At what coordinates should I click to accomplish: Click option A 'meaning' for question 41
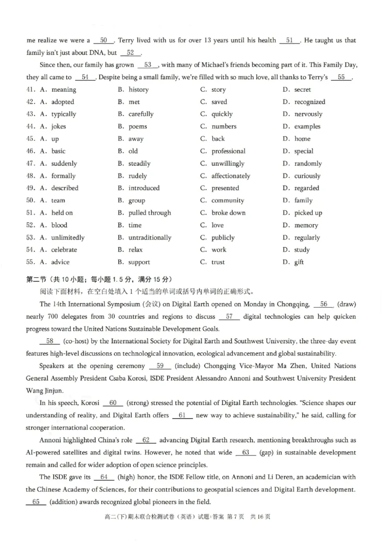(64, 89)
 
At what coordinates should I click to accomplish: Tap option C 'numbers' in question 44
(224, 127)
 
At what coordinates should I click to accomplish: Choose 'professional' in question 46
(228, 151)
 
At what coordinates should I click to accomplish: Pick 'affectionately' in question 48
(231, 176)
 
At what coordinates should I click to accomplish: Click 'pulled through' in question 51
(149, 213)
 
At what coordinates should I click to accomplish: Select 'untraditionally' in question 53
(149, 238)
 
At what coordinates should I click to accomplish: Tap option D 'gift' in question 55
(299, 262)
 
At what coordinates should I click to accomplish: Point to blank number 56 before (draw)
(323, 304)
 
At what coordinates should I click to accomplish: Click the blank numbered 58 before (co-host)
(50, 341)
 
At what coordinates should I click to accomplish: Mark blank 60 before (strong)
(113, 403)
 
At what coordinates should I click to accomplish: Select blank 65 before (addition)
(36, 502)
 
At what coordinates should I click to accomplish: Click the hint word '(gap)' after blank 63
(268, 453)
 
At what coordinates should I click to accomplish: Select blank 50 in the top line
(104, 41)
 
